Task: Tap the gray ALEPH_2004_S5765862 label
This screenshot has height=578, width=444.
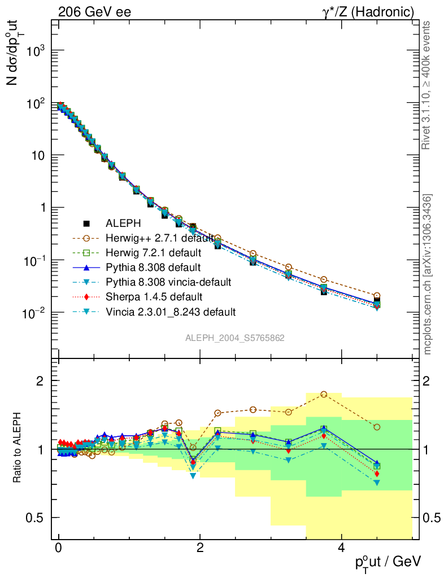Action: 234,338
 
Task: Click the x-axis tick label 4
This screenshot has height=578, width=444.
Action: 341,549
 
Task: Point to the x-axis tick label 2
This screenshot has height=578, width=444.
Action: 199,549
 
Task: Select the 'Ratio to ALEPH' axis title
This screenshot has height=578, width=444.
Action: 18,448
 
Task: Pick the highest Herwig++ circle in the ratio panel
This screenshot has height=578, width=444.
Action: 324,394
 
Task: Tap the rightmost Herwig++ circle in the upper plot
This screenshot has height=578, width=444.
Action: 377,296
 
